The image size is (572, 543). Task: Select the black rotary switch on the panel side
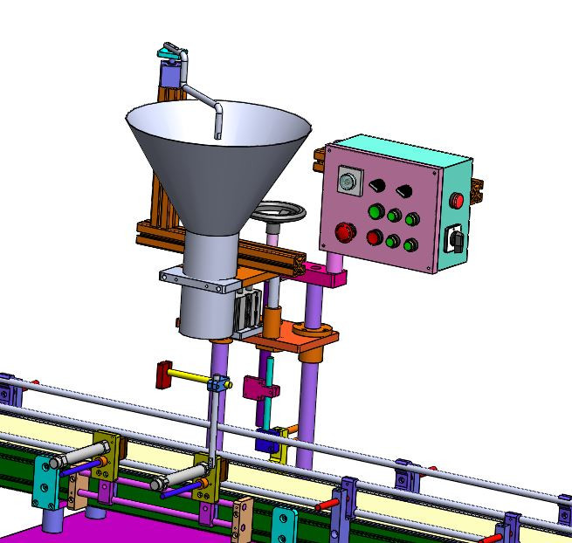click(x=454, y=237)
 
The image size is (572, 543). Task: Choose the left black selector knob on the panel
click(x=379, y=185)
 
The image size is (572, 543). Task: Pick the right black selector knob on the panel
click(x=403, y=190)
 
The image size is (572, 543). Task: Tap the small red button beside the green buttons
click(x=375, y=237)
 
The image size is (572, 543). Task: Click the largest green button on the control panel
click(x=376, y=211)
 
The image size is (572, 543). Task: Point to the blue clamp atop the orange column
click(x=170, y=55)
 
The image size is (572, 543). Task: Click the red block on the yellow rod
click(x=163, y=375)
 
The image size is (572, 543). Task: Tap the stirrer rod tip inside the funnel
click(x=217, y=131)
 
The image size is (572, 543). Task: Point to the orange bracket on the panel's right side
click(x=477, y=190)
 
